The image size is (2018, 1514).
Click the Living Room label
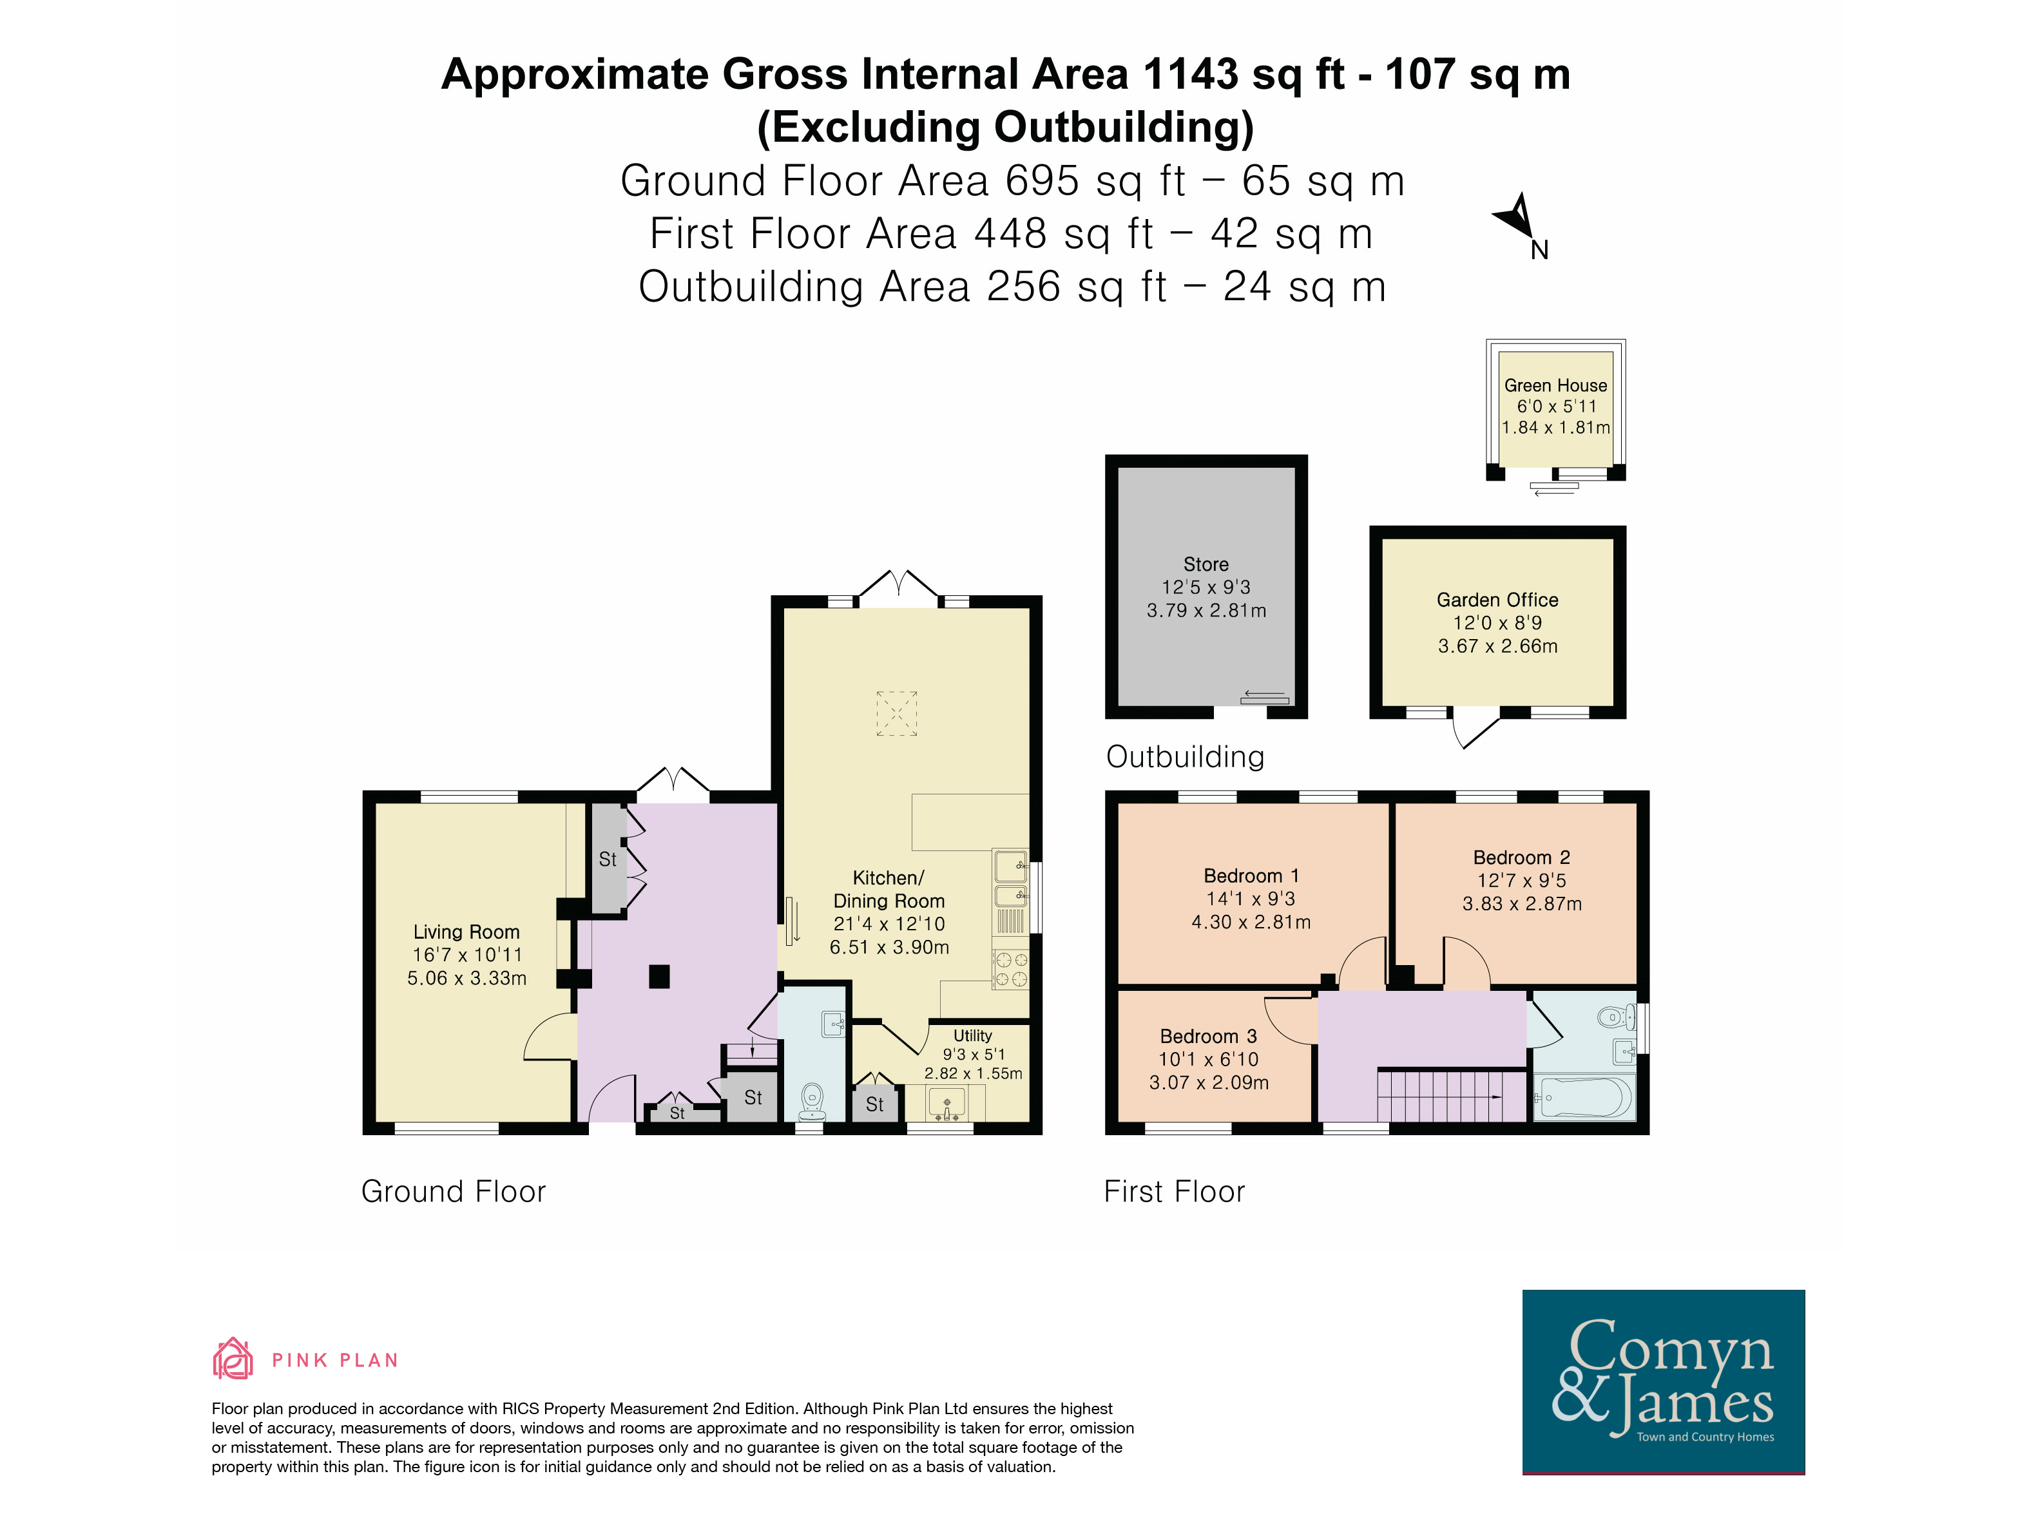[x=466, y=931]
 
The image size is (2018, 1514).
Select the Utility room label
[x=972, y=1035]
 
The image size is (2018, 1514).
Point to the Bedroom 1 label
[x=1251, y=876]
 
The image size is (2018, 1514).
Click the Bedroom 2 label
[x=1522, y=858]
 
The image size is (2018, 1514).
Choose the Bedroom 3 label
[x=1208, y=1036]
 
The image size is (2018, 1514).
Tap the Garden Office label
[x=1497, y=599]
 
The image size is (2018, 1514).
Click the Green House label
[x=1555, y=385]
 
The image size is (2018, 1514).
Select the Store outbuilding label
[x=1206, y=564]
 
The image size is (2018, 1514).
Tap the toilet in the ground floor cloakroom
[x=812, y=1101]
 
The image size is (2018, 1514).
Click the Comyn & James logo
[x=1663, y=1381]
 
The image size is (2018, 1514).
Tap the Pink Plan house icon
[x=233, y=1358]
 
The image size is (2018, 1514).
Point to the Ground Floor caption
[x=454, y=1191]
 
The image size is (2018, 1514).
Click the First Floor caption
[x=1174, y=1191]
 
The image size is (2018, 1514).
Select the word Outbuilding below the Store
[x=1185, y=756]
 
